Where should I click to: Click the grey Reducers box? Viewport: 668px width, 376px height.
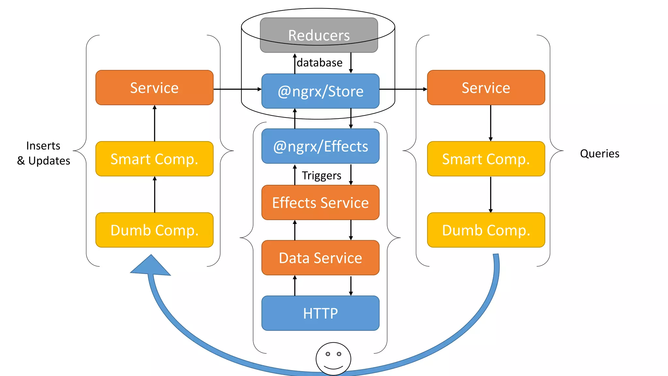coord(319,35)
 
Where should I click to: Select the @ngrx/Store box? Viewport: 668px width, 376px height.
coord(320,91)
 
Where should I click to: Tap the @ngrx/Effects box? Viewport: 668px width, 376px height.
coord(320,146)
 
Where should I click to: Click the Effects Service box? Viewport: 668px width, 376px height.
coord(320,203)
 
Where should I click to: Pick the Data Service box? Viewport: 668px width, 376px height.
coord(320,258)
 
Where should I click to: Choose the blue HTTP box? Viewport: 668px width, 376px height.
coord(320,313)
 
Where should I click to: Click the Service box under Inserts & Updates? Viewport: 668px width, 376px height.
coord(154,87)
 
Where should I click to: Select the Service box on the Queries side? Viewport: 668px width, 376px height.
coord(486,87)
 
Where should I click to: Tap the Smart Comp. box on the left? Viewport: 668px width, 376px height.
coord(154,159)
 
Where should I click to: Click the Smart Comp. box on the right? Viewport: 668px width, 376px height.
coord(486,159)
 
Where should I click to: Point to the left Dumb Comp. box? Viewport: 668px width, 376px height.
coord(154,230)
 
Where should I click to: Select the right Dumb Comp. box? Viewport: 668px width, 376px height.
coord(486,230)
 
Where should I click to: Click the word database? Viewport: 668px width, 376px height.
coord(320,63)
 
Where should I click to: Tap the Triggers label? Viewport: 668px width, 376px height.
coord(322,176)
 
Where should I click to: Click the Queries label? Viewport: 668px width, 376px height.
coord(600,153)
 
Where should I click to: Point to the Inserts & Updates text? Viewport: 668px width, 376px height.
coord(43,153)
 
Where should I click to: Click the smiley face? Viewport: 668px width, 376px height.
coord(333,358)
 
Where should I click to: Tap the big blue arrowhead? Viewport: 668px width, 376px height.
coord(150,266)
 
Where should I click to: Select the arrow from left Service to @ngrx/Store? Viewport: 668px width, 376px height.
coord(237,89)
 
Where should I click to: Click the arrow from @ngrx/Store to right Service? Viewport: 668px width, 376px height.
coord(403,89)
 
